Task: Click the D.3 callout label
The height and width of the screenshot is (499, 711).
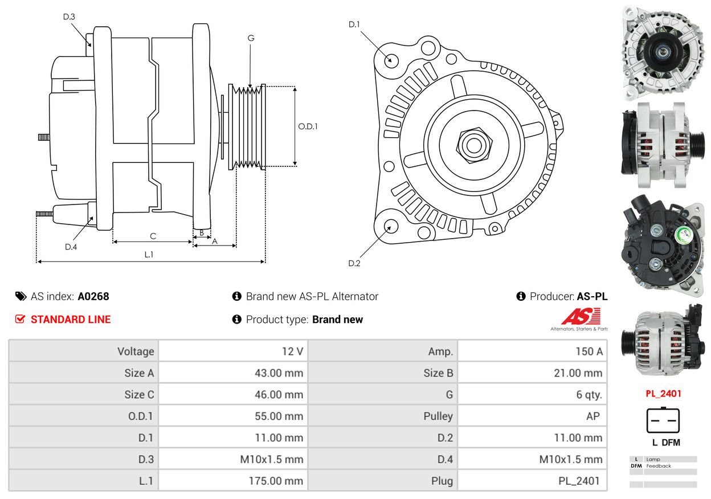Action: pyautogui.click(x=69, y=17)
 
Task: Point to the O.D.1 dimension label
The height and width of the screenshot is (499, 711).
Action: pyautogui.click(x=308, y=126)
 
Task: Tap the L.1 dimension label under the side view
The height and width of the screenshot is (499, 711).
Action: pyautogui.click(x=148, y=255)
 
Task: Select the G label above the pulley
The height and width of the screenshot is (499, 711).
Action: pyautogui.click(x=251, y=38)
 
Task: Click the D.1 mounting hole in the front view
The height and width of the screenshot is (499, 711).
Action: pyautogui.click(x=391, y=60)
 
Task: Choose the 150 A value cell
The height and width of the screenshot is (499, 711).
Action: pyautogui.click(x=532, y=351)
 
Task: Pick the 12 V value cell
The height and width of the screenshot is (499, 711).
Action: pyautogui.click(x=233, y=351)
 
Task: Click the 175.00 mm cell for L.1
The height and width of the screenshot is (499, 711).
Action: pyautogui.click(x=233, y=481)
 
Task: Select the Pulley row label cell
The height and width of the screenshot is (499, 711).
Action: pyautogui.click(x=383, y=416)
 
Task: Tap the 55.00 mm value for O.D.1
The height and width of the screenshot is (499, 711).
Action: pyautogui.click(x=233, y=416)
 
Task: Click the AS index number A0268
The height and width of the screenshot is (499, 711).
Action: pyautogui.click(x=93, y=296)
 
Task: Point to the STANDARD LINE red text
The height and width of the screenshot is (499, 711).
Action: pyautogui.click(x=71, y=320)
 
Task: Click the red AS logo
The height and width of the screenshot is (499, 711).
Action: pyautogui.click(x=581, y=316)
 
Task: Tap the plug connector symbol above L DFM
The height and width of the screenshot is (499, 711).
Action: pyautogui.click(x=663, y=420)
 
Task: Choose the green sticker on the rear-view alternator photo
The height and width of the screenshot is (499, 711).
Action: pyautogui.click(x=680, y=235)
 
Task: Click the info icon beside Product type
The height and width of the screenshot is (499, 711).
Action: pyautogui.click(x=237, y=320)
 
